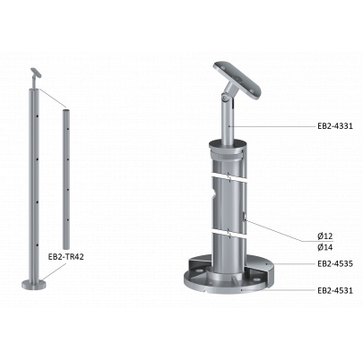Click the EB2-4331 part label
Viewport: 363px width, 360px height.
335,126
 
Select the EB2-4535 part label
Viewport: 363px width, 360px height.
335,263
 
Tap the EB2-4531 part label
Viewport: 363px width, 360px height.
335,290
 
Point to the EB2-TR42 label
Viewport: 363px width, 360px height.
65,256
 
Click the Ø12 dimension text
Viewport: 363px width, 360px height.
325,236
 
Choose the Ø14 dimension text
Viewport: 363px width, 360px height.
325,247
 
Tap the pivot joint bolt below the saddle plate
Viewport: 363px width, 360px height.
224,98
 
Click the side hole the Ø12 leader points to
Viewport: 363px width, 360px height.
245,217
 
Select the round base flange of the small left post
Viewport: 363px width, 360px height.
34,284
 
